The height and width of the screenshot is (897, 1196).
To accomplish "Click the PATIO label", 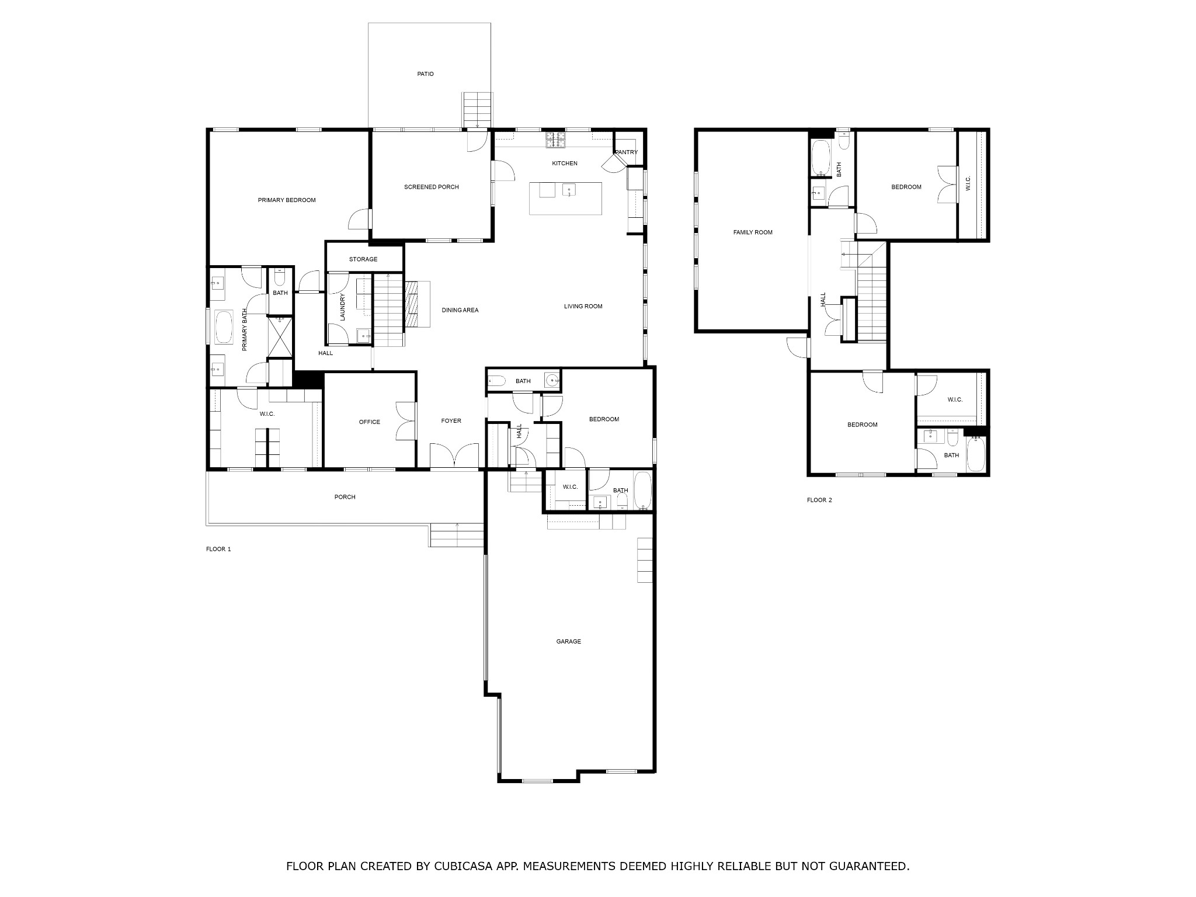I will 425,74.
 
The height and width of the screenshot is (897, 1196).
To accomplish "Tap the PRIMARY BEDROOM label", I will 287,200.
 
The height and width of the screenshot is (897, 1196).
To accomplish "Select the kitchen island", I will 565,198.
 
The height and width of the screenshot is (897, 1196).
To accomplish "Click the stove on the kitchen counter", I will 556,140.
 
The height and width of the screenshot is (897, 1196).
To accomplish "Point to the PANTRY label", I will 627,152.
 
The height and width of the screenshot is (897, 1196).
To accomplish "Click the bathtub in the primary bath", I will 224,327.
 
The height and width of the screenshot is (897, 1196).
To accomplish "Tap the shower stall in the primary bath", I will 280,336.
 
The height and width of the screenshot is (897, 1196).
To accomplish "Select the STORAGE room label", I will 363,259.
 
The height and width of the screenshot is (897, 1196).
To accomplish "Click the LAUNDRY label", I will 343,307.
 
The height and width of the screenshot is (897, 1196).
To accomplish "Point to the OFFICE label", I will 369,422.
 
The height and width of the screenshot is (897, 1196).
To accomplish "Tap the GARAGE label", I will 568,642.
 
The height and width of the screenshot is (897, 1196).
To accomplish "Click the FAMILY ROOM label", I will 753,232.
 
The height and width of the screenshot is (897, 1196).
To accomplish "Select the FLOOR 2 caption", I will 819,500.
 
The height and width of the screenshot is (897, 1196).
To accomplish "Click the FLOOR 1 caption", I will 218,549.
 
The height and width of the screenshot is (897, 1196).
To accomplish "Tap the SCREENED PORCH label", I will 431,187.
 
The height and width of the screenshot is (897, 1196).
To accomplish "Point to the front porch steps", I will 457,535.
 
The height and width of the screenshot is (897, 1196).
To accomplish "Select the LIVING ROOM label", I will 583,307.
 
